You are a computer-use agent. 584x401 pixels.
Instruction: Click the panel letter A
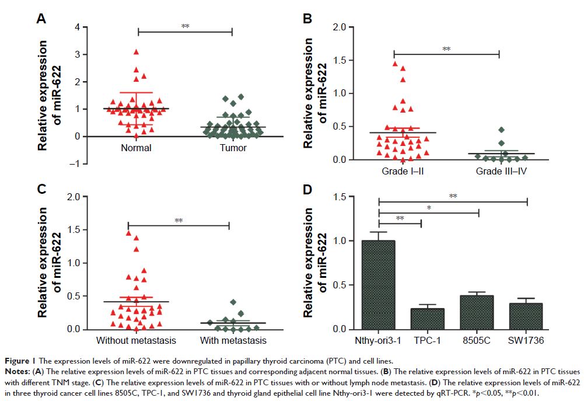point(41,19)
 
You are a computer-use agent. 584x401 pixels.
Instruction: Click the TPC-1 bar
point(427,319)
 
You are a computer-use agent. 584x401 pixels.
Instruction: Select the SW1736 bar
point(526,316)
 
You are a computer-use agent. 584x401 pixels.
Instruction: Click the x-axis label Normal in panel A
point(136,148)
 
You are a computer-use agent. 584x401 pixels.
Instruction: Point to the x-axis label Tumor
point(233,148)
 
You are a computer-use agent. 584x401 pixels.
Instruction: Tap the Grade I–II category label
point(394,171)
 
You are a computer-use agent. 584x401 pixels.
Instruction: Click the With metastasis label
point(232,340)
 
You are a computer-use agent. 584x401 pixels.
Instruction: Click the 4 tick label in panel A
point(76,27)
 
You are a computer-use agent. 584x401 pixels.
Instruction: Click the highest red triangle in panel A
point(136,52)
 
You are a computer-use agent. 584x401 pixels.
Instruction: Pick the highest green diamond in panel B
point(501,130)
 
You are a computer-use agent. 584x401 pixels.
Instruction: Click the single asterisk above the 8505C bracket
point(429,207)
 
